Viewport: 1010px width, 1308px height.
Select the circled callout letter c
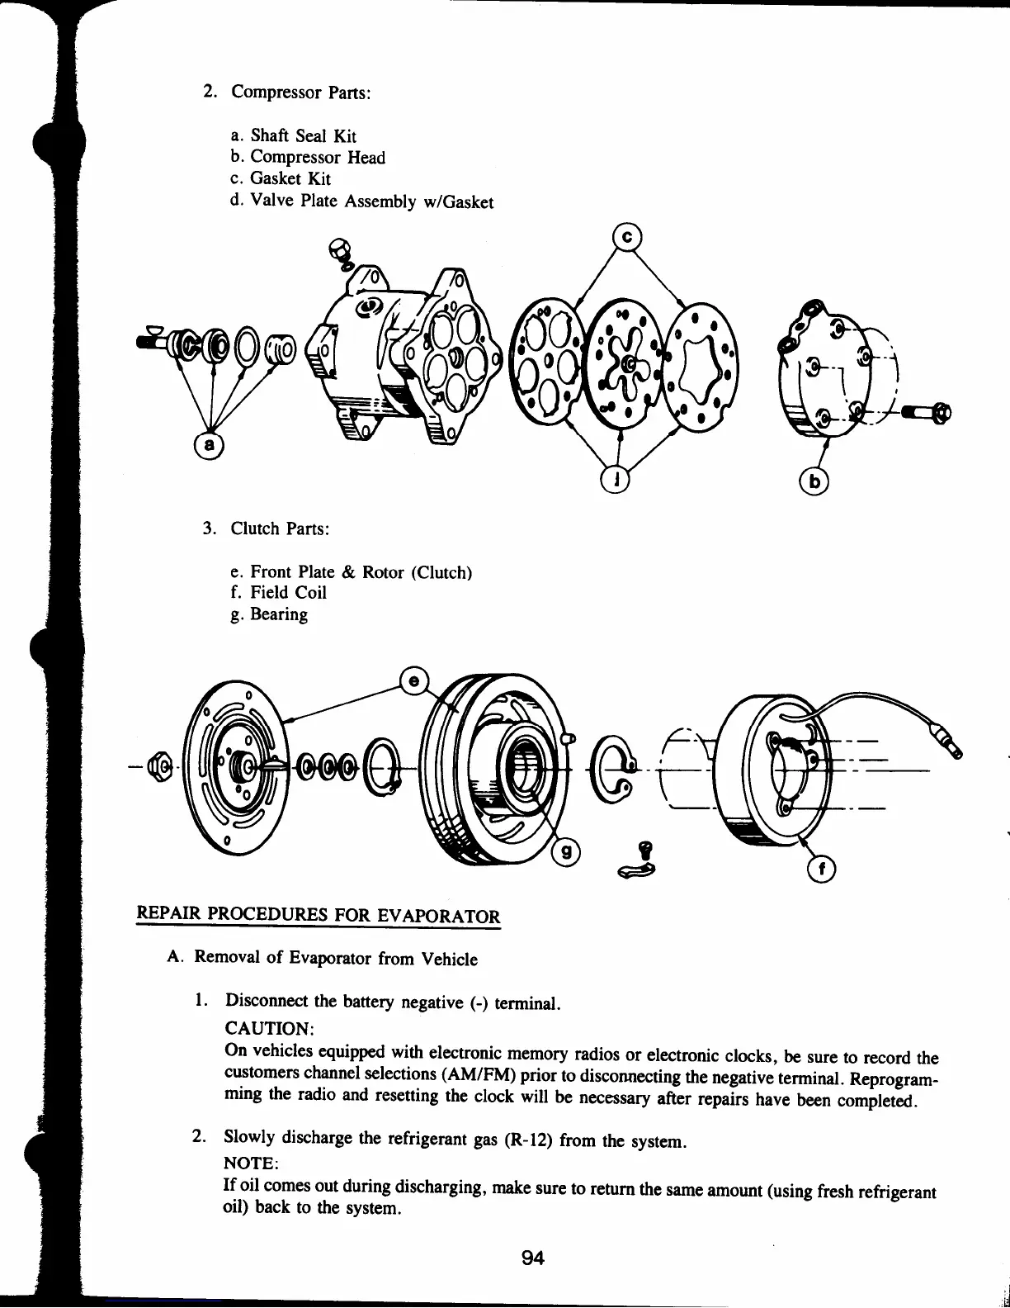coord(626,237)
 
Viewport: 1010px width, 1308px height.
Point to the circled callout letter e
coord(413,680)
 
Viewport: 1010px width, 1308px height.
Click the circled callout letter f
coord(821,868)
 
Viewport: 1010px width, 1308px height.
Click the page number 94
coord(532,1258)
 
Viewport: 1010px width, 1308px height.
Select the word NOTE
coord(251,1163)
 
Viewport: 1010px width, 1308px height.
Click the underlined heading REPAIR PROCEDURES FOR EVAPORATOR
coord(318,915)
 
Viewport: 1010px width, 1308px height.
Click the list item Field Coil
coord(288,592)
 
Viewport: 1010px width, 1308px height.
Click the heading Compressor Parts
coord(300,92)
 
